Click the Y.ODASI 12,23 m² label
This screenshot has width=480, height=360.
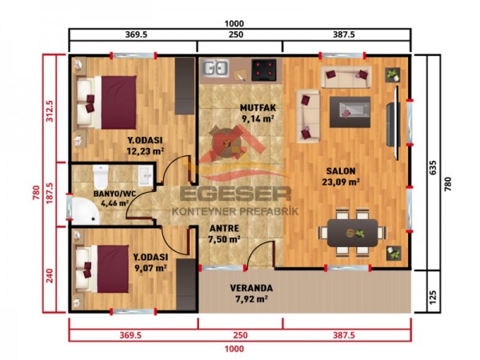point(145,144)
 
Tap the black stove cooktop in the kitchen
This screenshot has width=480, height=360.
point(265,69)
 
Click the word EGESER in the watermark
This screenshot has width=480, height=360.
point(234,194)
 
